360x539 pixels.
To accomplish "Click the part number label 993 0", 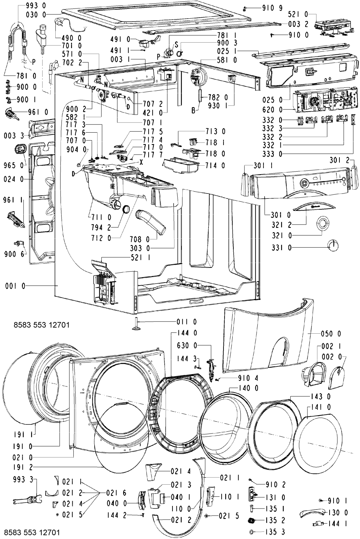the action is [x=36, y=6].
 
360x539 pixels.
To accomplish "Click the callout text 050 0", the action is [x=331, y=333].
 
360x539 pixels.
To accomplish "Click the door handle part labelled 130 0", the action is [x=312, y=513].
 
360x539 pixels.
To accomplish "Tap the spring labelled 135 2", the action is [x=252, y=520].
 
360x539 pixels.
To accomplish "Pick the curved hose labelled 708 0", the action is [x=151, y=221].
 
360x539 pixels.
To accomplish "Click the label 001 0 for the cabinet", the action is [x=15, y=286].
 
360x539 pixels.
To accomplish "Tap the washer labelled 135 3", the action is [x=251, y=531].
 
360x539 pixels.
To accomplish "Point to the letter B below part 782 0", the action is [x=193, y=111].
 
